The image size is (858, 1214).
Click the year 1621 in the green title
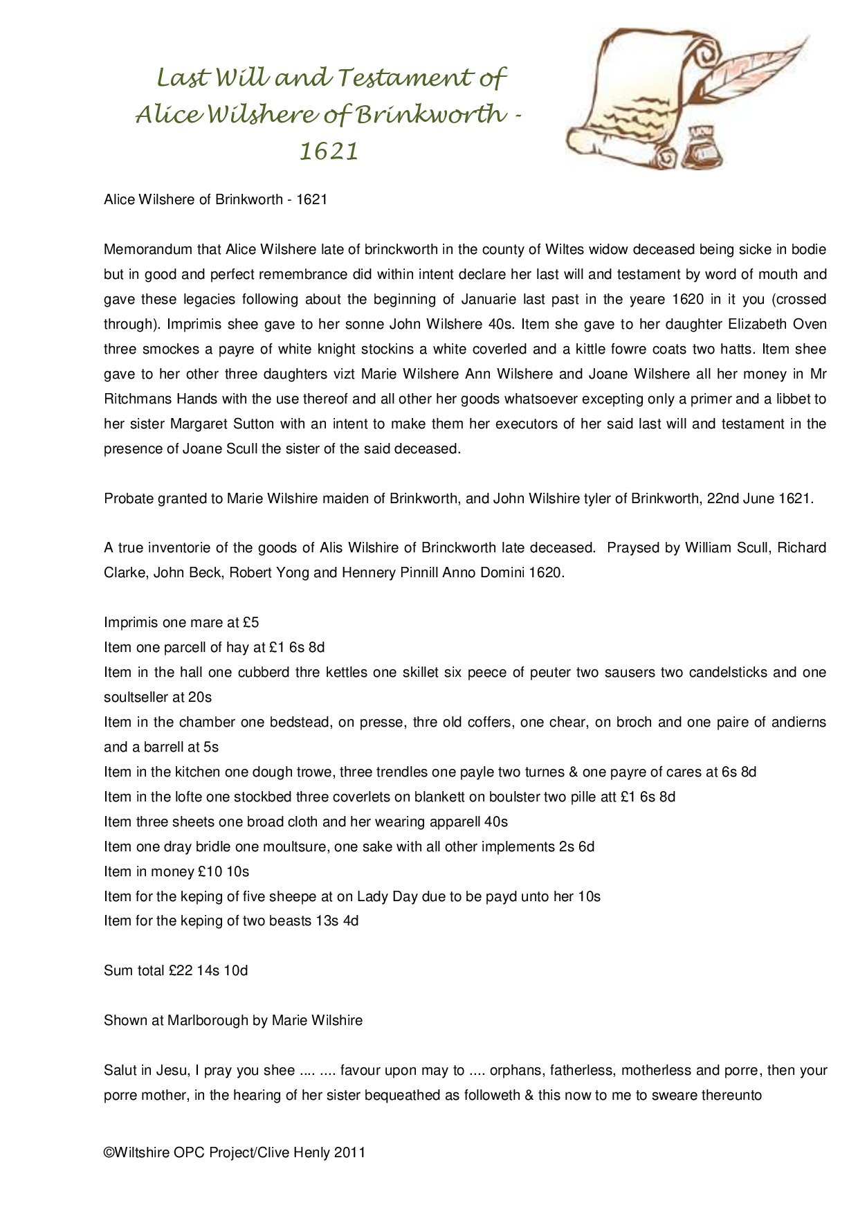(329, 151)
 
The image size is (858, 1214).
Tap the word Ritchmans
(136, 399)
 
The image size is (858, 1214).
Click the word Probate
(129, 499)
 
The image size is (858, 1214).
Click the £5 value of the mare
(250, 623)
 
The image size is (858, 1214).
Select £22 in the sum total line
(180, 971)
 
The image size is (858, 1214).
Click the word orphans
(515, 1071)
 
